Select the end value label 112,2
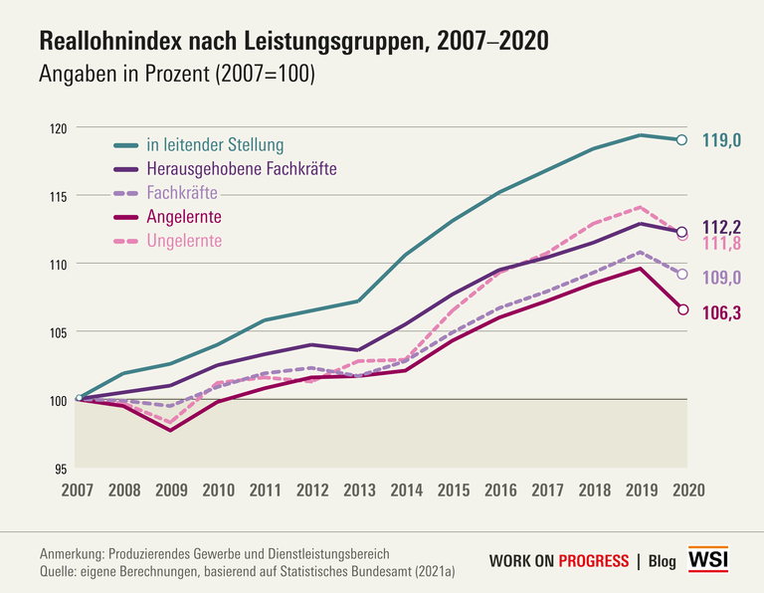tap(722, 226)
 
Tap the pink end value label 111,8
tap(722, 244)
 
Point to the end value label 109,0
tap(722, 278)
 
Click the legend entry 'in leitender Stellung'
tap(215, 144)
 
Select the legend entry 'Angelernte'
tap(183, 216)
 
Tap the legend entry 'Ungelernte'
tap(184, 240)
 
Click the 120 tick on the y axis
tap(58, 128)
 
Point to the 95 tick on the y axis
tap(61, 468)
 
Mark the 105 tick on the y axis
tap(58, 331)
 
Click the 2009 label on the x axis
tap(172, 490)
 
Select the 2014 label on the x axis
tap(407, 490)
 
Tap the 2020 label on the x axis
tap(688, 490)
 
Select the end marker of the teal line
tap(681, 140)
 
